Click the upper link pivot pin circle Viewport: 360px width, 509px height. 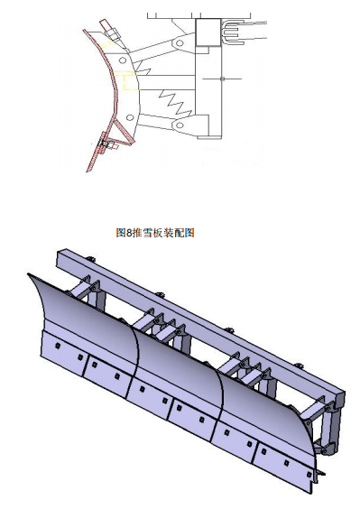(180, 42)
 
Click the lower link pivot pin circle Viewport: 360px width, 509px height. (180, 125)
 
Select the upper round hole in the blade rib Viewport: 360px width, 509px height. (123, 60)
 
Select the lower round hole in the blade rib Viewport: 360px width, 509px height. (130, 117)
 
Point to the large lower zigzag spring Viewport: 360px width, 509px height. (175, 103)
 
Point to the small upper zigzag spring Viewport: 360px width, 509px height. (143, 68)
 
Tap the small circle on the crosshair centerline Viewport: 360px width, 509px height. (222, 79)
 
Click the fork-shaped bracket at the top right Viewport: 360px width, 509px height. (233, 32)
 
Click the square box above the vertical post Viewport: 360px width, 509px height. (208, 32)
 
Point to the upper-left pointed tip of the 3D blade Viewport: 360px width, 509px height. (28, 274)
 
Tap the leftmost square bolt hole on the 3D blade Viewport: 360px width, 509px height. (58, 346)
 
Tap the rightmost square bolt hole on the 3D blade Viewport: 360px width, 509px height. (309, 475)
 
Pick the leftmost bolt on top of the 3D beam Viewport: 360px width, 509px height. (91, 259)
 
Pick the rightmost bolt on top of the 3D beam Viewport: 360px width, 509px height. (299, 366)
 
